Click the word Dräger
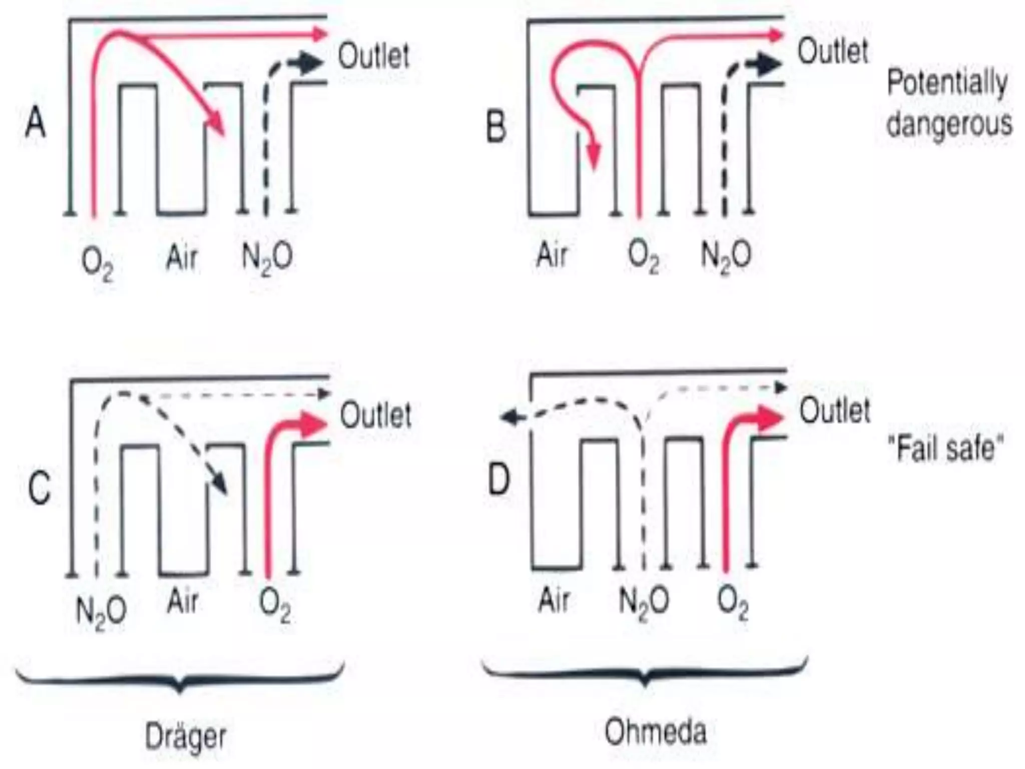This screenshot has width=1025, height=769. (x=186, y=736)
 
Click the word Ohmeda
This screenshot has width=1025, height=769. (x=656, y=731)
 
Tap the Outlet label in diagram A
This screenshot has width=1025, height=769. (x=374, y=56)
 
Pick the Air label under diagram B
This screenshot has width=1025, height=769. (x=552, y=254)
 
